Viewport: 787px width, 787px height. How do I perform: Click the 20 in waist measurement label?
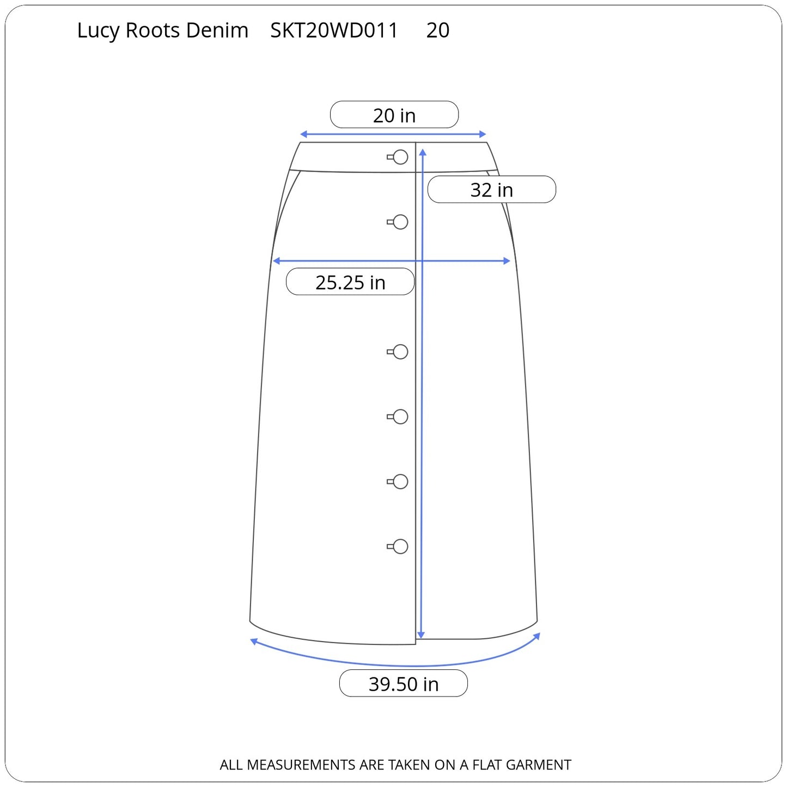click(394, 115)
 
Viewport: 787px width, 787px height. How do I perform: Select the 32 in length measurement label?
click(491, 190)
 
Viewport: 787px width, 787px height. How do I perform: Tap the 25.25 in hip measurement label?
click(350, 282)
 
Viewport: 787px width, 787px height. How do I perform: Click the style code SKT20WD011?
click(334, 30)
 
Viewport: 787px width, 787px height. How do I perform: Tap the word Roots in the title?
click(152, 30)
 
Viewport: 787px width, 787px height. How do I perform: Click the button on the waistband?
click(398, 157)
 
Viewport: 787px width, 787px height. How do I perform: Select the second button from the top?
click(398, 222)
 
